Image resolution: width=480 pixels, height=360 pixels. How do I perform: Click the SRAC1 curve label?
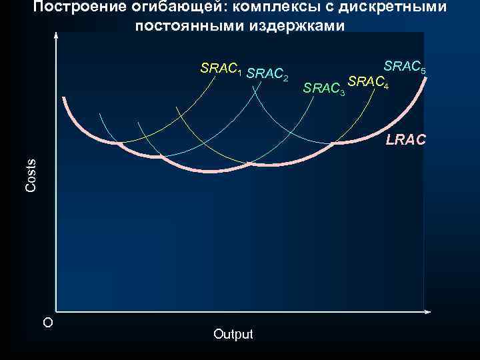click(221, 69)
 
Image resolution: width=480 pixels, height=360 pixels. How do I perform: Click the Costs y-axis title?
click(31, 175)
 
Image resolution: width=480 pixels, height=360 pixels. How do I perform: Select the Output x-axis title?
click(233, 334)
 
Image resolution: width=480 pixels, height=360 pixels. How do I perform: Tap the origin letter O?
click(47, 323)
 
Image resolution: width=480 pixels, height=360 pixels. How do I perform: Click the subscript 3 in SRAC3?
click(343, 91)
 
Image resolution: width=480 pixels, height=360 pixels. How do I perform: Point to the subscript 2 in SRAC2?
click(285, 79)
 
